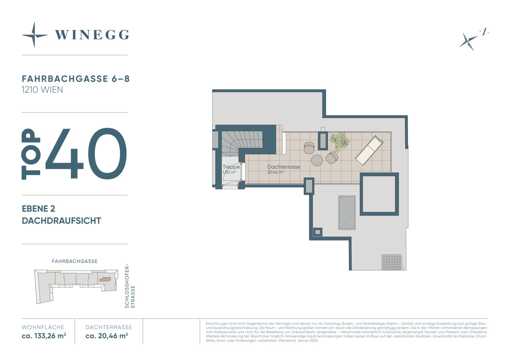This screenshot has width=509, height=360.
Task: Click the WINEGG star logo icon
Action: (x=35, y=35)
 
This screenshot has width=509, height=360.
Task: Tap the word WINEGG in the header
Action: (x=92, y=35)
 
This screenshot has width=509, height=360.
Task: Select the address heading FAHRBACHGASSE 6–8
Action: (x=76, y=79)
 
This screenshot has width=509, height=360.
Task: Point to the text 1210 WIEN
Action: (x=42, y=90)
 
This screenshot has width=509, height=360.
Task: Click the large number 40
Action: (x=86, y=154)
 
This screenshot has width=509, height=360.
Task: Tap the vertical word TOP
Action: (x=31, y=154)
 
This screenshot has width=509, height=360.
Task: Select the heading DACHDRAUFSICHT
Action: (x=61, y=221)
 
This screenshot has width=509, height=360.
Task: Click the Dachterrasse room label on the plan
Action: (x=284, y=167)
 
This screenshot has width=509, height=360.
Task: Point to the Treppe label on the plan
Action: (x=231, y=167)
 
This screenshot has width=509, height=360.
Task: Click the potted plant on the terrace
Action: (x=340, y=142)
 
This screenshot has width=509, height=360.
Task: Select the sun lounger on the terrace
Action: (x=369, y=150)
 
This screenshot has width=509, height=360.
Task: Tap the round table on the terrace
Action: (x=317, y=160)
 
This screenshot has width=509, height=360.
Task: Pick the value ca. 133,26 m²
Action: (x=44, y=336)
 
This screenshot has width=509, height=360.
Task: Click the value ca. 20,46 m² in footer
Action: (x=107, y=336)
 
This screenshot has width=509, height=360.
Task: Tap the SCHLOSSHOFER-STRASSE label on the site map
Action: (x=130, y=286)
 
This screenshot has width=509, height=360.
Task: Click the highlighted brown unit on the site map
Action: (x=105, y=279)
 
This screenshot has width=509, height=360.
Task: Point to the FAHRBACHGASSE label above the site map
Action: (x=75, y=261)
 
